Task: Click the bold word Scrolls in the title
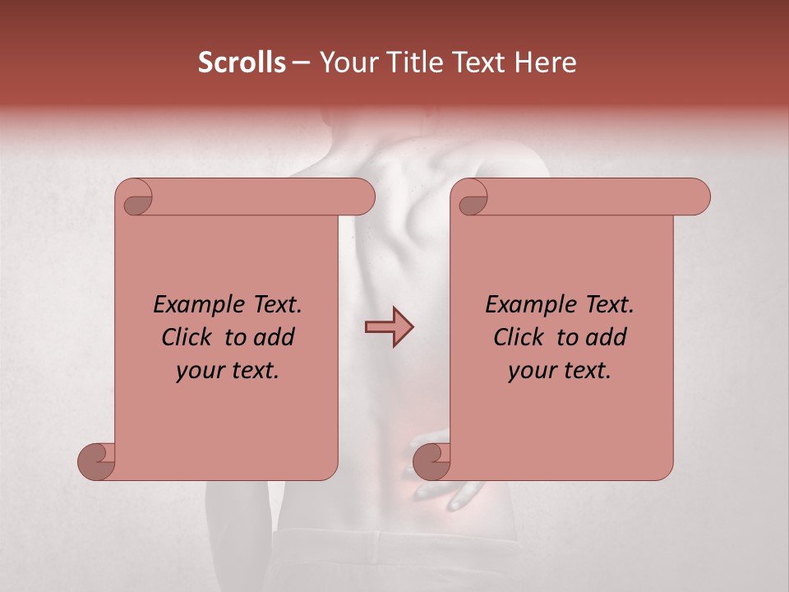point(242,62)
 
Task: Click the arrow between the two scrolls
point(389,327)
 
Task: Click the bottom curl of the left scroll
point(97,461)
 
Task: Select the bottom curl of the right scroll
point(431,461)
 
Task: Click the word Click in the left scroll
point(188,337)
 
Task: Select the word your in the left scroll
point(201,371)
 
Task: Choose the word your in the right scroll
point(533,371)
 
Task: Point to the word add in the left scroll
point(275,337)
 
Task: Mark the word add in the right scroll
point(607,337)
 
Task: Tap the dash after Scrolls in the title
point(301,62)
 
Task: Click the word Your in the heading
point(348,62)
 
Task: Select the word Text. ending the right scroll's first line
point(609,305)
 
